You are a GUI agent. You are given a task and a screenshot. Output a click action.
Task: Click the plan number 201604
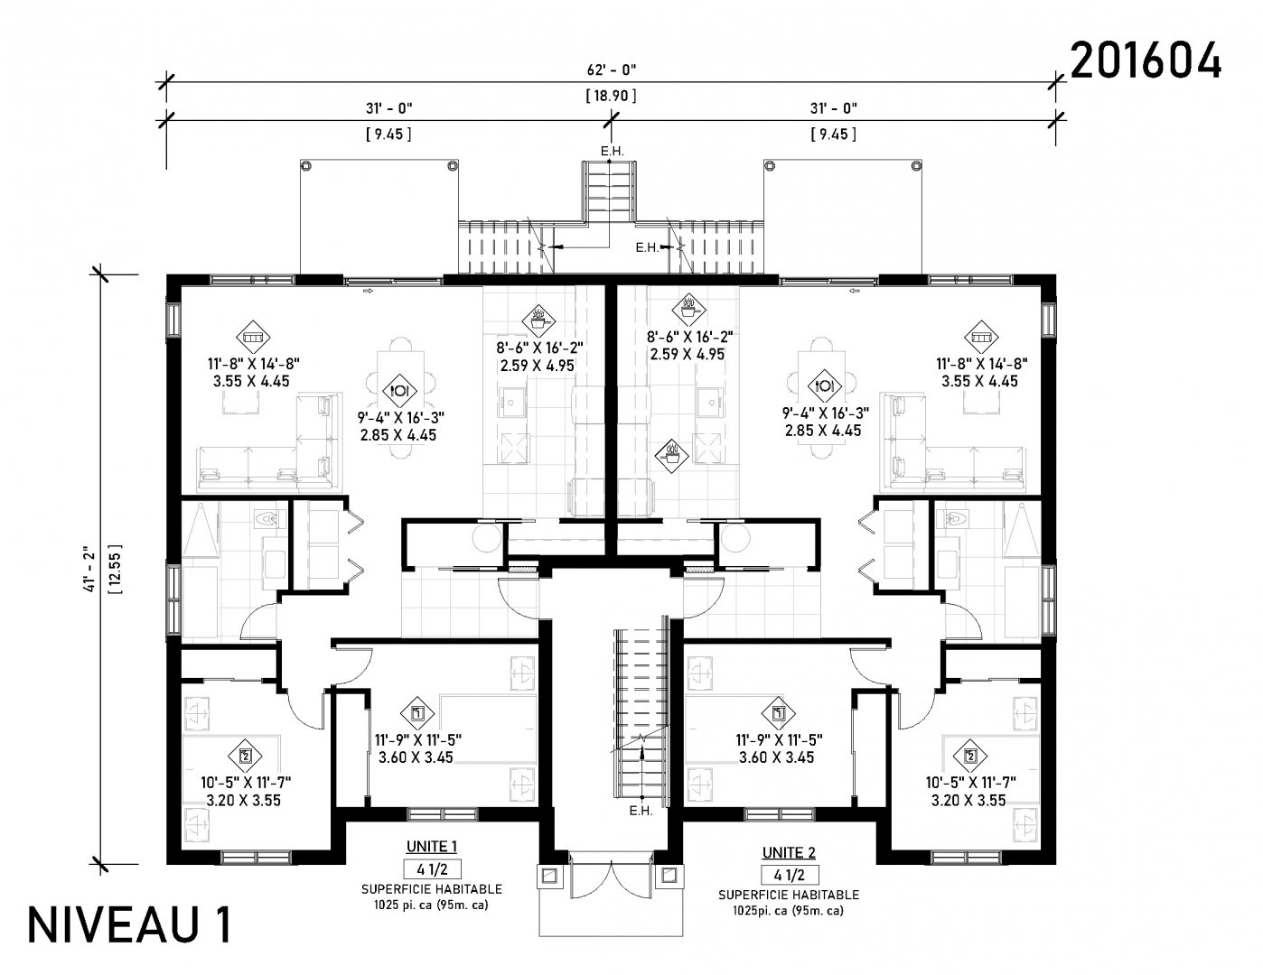(1145, 60)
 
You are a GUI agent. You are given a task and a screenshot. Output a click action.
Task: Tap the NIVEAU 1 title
(130, 925)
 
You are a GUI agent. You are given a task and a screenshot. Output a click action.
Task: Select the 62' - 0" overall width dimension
(611, 70)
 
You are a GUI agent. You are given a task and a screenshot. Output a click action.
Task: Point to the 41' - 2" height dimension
(89, 569)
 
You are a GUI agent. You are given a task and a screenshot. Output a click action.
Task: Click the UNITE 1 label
(431, 847)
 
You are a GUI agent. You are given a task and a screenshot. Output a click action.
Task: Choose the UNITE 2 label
(789, 852)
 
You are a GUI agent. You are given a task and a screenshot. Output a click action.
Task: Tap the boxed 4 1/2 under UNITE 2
(790, 875)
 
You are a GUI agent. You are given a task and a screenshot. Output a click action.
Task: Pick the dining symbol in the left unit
(400, 390)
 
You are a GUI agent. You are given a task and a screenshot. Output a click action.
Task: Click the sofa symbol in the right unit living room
(981, 337)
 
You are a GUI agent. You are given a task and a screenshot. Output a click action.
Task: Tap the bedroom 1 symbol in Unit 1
(417, 713)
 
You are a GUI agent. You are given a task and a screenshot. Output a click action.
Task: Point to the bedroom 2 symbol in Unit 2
(970, 756)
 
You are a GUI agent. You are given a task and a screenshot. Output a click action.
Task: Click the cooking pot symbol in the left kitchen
(538, 320)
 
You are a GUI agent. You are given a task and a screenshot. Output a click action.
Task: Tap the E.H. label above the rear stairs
(612, 152)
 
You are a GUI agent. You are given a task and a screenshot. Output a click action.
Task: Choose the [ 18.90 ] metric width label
(611, 96)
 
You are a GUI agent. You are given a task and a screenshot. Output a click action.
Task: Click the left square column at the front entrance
(550, 875)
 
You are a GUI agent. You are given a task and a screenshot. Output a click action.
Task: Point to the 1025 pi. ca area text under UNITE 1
(430, 905)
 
